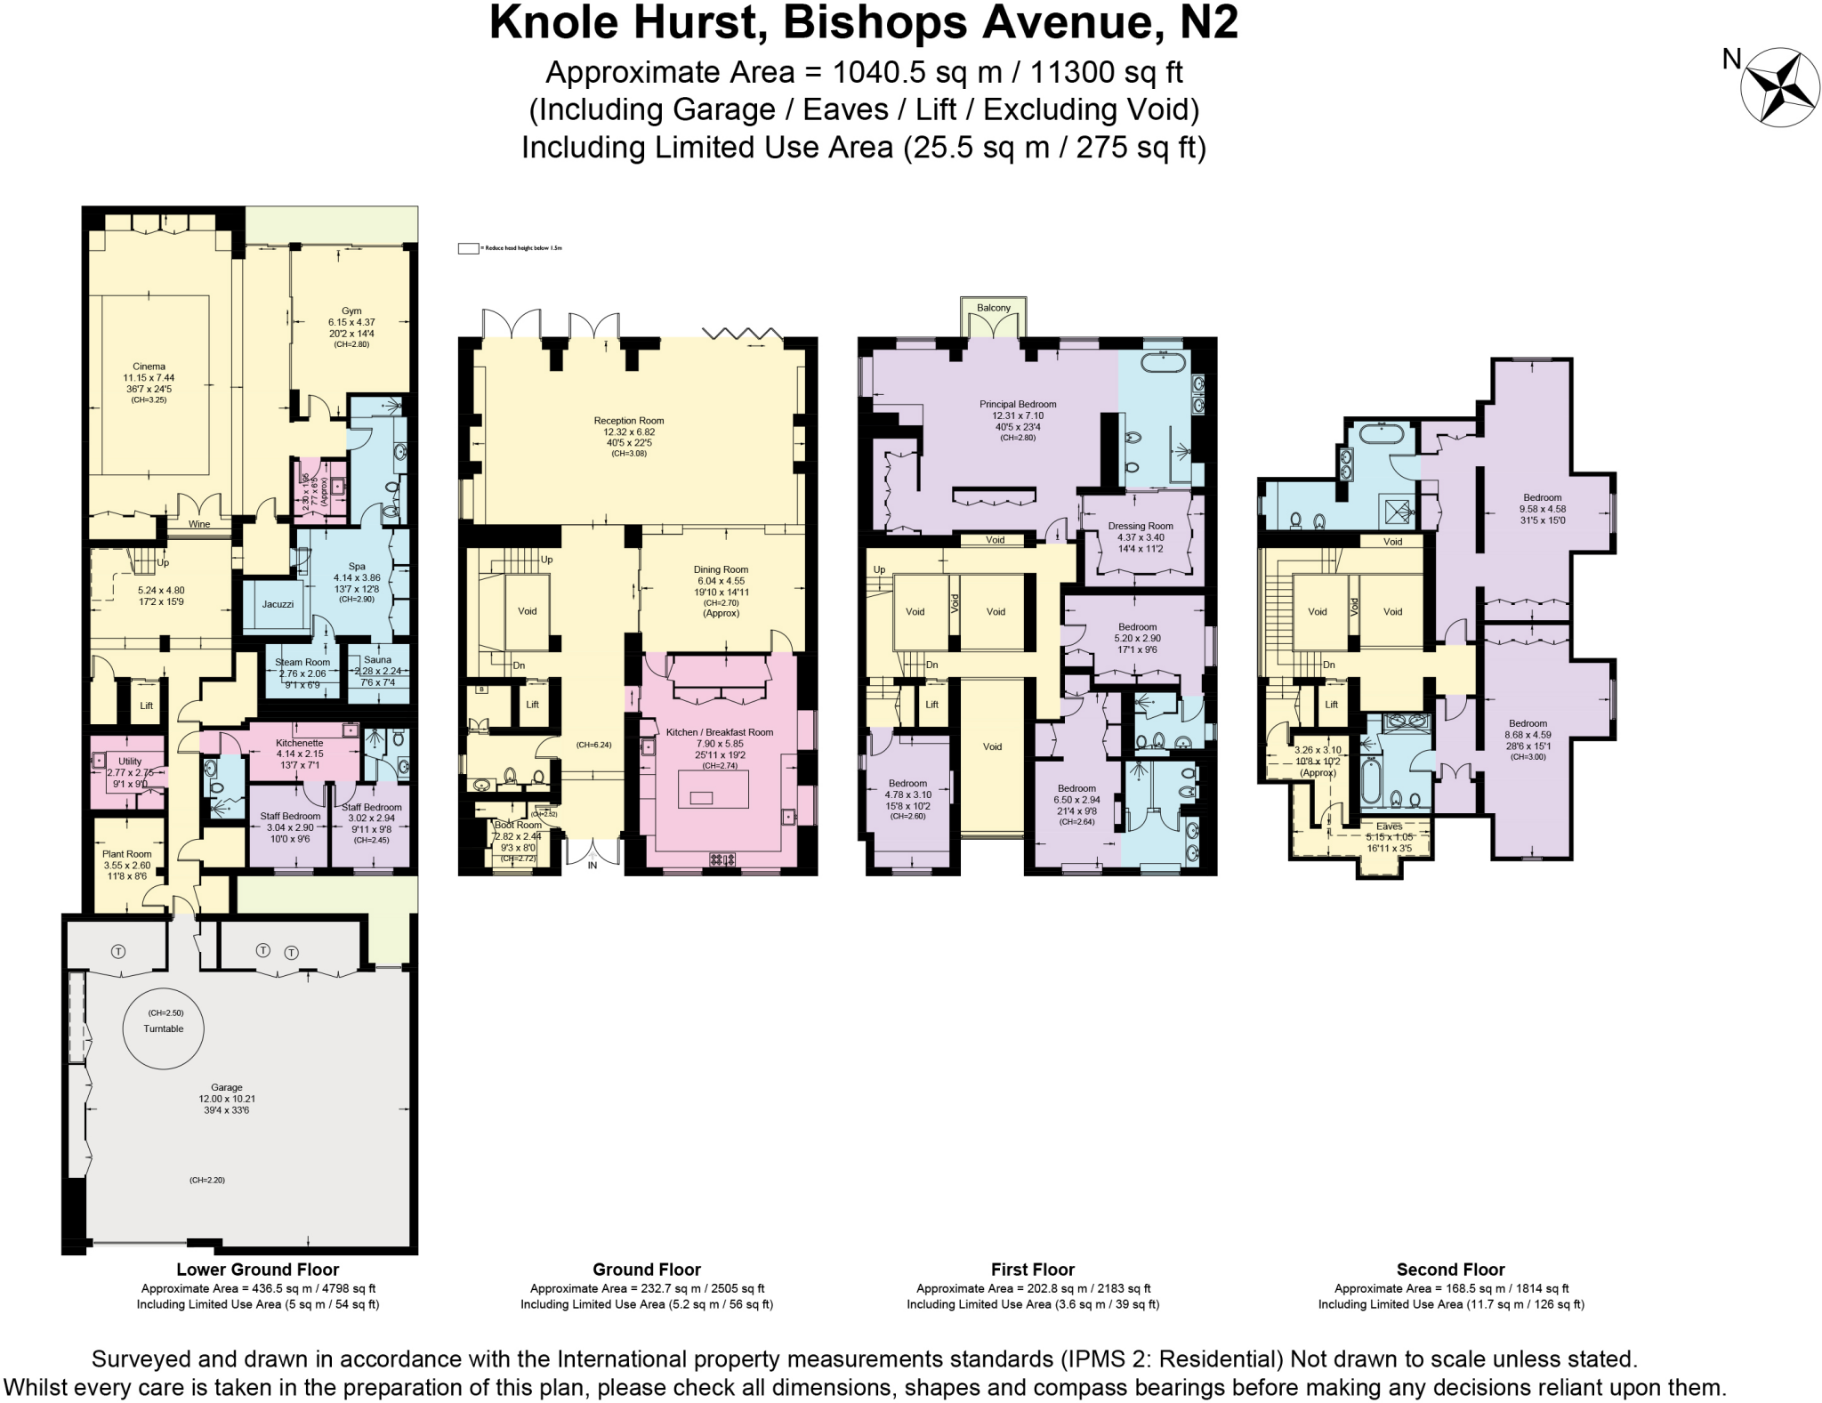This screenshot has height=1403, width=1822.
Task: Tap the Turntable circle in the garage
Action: (163, 1028)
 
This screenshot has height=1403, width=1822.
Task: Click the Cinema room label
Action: (149, 367)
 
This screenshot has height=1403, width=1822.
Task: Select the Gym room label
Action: (351, 311)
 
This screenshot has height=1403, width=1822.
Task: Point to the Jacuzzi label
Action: (278, 604)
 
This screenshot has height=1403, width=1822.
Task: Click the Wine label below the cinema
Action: (199, 524)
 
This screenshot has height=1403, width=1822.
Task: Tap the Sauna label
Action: (377, 660)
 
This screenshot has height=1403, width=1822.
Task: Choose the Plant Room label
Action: (126, 854)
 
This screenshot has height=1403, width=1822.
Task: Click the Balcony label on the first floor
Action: (994, 308)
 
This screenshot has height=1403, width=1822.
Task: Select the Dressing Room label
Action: (1141, 526)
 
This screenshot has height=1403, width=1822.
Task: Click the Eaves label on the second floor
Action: (1389, 826)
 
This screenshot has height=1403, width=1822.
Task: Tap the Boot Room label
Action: (518, 825)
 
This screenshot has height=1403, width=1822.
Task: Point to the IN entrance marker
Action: (593, 865)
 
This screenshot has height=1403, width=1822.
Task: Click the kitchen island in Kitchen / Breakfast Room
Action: (713, 789)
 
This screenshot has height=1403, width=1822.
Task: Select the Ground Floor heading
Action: (647, 1270)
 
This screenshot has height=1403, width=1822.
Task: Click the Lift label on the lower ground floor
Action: (147, 706)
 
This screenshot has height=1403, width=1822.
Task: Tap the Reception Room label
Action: (629, 421)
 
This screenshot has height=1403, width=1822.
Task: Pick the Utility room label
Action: (130, 762)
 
